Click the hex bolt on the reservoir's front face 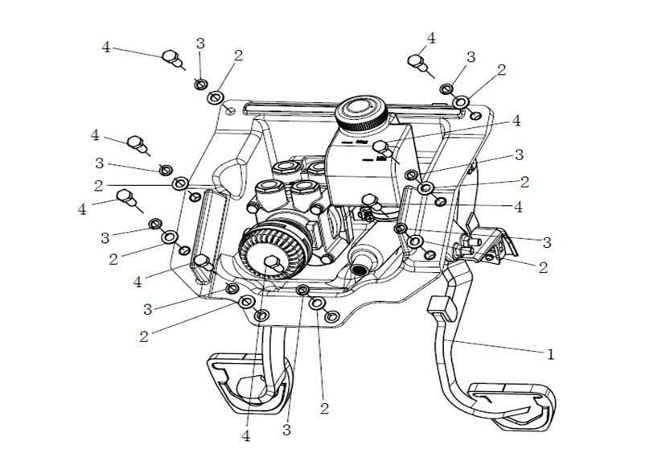[382, 147]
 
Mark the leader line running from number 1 [499, 345]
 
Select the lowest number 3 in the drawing [286, 431]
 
